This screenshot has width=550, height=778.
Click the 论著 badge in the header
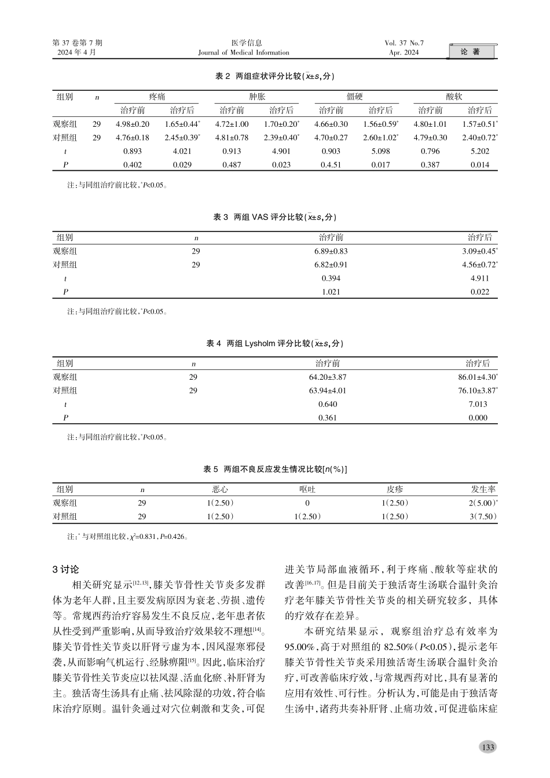(x=471, y=52)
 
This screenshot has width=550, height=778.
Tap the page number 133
(x=488, y=747)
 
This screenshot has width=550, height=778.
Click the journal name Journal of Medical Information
(x=243, y=53)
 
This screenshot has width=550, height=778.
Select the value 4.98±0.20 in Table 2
(x=133, y=124)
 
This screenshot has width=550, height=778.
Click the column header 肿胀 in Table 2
(x=257, y=97)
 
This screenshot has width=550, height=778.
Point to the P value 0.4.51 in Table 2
(x=331, y=165)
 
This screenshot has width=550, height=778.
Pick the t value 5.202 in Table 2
(x=479, y=151)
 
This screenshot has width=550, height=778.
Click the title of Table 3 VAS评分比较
(x=275, y=217)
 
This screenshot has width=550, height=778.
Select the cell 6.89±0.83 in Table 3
(x=331, y=251)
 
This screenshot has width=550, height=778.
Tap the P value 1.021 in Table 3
(x=331, y=292)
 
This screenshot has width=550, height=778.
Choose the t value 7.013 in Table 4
(x=478, y=405)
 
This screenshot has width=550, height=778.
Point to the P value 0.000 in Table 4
(x=478, y=418)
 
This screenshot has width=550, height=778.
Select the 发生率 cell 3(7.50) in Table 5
(x=483, y=516)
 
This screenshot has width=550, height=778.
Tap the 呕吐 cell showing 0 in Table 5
(x=307, y=503)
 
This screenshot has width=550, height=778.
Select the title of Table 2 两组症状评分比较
(x=275, y=76)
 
